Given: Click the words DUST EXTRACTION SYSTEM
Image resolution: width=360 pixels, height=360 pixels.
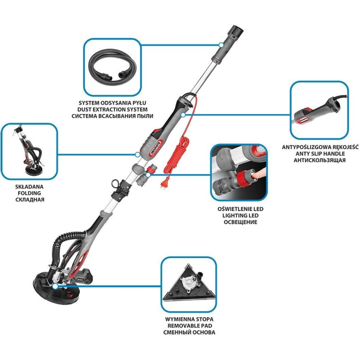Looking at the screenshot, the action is click(112, 109).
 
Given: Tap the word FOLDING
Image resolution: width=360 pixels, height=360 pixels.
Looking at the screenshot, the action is click(30, 193).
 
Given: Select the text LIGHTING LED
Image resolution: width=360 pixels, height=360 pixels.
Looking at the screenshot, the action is click(240, 215).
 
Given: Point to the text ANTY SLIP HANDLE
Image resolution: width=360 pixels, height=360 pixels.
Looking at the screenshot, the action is click(320, 153).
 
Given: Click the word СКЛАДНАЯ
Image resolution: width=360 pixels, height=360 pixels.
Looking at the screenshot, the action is click(30, 199).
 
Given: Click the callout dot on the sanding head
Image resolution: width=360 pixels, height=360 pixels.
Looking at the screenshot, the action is click(55, 286).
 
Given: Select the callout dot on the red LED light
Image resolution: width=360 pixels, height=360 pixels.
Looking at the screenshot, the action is click(148, 175).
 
